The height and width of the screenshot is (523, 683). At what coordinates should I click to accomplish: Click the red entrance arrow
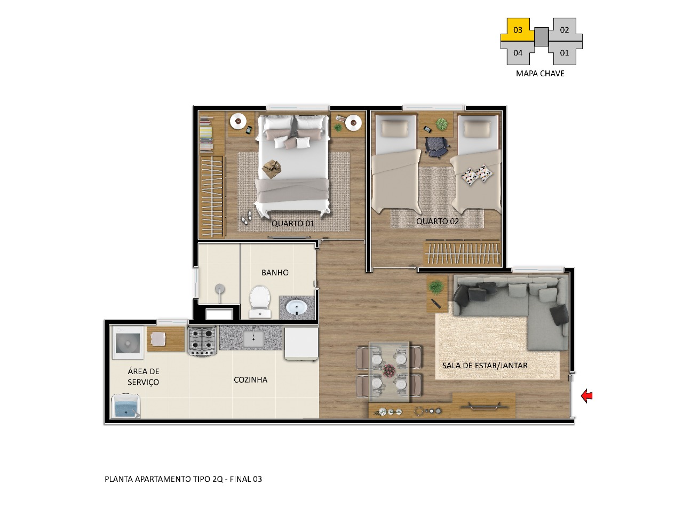pos(586,395)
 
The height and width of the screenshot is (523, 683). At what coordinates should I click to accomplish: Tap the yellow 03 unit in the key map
pos(518,30)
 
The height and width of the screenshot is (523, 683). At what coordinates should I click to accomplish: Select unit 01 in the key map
pos(565,53)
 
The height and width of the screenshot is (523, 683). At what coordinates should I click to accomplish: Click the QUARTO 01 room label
pos(292,224)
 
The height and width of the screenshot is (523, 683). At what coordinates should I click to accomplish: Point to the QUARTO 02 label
pos(437,221)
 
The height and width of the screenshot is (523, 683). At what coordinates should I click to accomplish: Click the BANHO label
pos(275,273)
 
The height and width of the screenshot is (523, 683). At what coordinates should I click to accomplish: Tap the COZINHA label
pos(250,379)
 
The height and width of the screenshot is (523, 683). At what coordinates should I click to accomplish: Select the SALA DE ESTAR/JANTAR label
pos(485,366)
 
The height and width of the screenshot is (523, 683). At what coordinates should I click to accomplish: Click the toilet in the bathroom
pos(260,302)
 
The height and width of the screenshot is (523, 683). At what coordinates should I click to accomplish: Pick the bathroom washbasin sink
pos(297,307)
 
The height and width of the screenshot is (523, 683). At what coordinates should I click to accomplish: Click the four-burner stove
pos(203,342)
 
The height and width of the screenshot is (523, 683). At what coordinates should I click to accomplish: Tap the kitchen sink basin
pos(253,338)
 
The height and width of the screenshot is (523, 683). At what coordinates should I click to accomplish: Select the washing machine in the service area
pos(128,343)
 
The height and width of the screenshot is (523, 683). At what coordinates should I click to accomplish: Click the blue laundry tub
pos(126,406)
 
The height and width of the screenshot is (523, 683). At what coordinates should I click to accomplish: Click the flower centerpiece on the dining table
pos(389,370)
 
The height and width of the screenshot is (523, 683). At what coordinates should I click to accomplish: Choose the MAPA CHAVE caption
pos(540,74)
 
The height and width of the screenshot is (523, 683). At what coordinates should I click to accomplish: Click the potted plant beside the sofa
pos(436,287)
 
